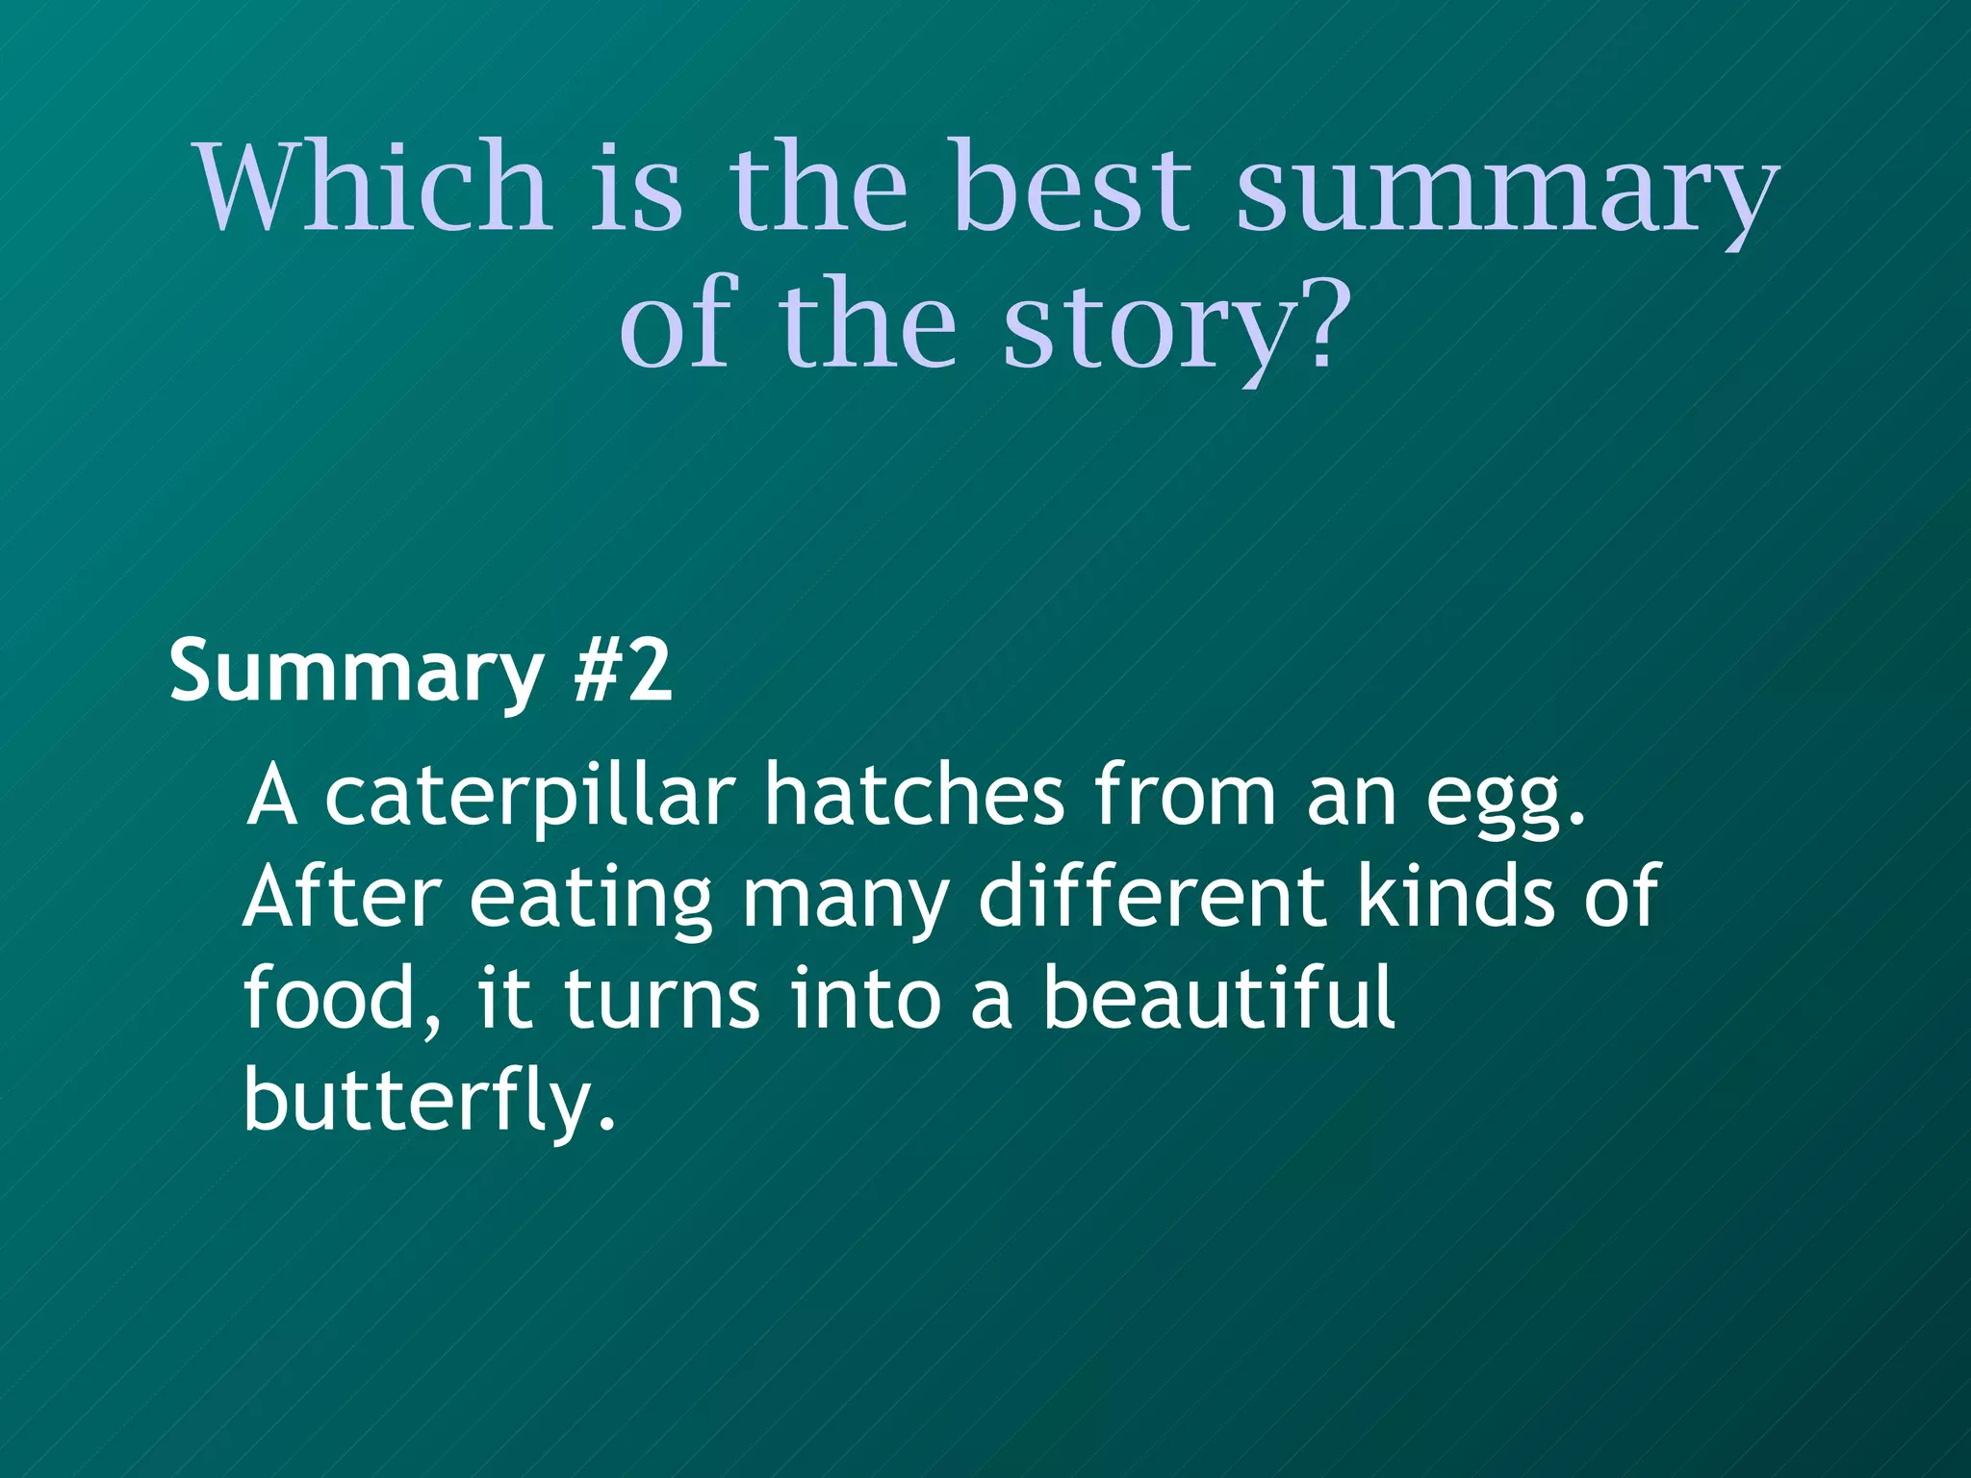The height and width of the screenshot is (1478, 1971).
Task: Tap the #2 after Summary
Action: click(x=622, y=670)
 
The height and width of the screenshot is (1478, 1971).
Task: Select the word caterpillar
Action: click(x=530, y=797)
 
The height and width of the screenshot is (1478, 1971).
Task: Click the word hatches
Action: click(x=914, y=795)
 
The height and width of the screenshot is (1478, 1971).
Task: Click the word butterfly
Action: click(x=425, y=1102)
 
